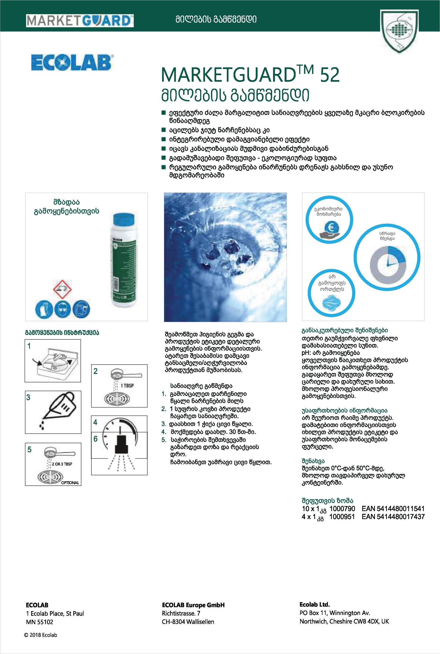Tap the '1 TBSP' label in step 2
pyautogui.click(x=127, y=386)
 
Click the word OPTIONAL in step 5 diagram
pyautogui.click(x=70, y=483)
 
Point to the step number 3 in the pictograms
pyautogui.click(x=28, y=398)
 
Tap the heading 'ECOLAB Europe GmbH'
pyautogui.click(x=193, y=605)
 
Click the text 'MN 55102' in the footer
pyautogui.click(x=40, y=622)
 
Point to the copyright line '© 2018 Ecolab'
pyautogui.click(x=41, y=635)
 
